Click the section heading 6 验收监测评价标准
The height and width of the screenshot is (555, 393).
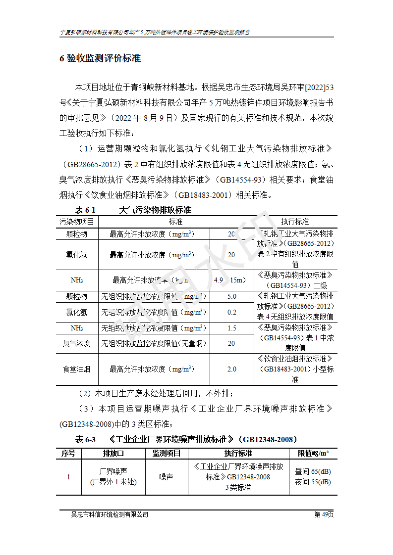[x=100, y=58]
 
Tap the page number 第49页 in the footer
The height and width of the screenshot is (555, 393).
[x=324, y=514]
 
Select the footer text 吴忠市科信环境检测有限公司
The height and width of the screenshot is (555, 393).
[x=110, y=514]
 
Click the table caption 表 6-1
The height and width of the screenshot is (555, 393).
[x=85, y=210]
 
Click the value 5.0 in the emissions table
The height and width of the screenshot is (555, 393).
[x=231, y=296]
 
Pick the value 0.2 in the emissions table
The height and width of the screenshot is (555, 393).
[x=231, y=312]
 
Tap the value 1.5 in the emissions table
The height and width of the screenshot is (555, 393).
[x=231, y=328]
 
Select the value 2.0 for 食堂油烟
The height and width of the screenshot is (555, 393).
[x=231, y=369]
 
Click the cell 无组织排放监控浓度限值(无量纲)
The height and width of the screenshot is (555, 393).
[x=154, y=343]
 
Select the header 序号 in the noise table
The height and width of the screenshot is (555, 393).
[x=68, y=453]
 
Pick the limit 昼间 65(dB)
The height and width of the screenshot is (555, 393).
[x=313, y=471]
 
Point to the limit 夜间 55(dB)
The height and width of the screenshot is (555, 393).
[x=313, y=482]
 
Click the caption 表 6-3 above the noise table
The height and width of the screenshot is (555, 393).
[x=85, y=439]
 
